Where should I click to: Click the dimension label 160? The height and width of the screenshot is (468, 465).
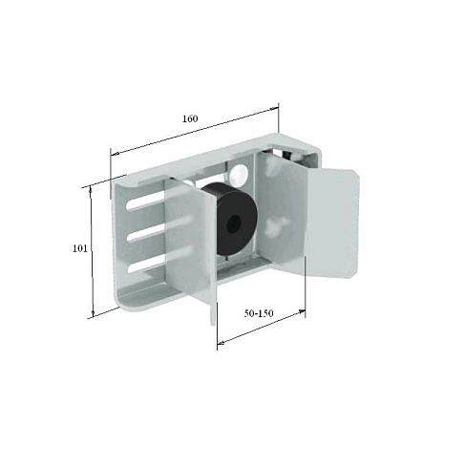190,118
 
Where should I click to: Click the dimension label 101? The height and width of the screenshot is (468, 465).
79,248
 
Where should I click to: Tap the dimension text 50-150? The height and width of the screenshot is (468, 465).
259,313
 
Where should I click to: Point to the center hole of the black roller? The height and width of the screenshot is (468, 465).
233,222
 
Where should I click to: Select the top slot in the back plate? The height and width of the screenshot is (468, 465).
146,203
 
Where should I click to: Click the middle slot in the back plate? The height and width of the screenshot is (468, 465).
146,236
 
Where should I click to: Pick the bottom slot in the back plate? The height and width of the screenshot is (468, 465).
146,266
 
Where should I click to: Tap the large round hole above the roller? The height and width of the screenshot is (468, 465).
239,175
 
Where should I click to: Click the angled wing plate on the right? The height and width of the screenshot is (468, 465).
331,223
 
